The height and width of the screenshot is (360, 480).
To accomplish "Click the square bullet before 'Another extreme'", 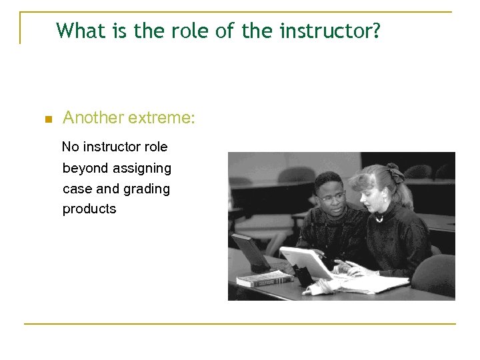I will [47, 120].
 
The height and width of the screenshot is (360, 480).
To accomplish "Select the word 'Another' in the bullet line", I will [93, 119].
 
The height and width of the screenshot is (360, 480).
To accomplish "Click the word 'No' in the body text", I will [70, 147].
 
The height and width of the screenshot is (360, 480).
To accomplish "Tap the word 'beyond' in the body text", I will [85, 168].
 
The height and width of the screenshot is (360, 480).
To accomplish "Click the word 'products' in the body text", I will [89, 209].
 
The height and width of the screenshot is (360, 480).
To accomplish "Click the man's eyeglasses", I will [331, 197].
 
